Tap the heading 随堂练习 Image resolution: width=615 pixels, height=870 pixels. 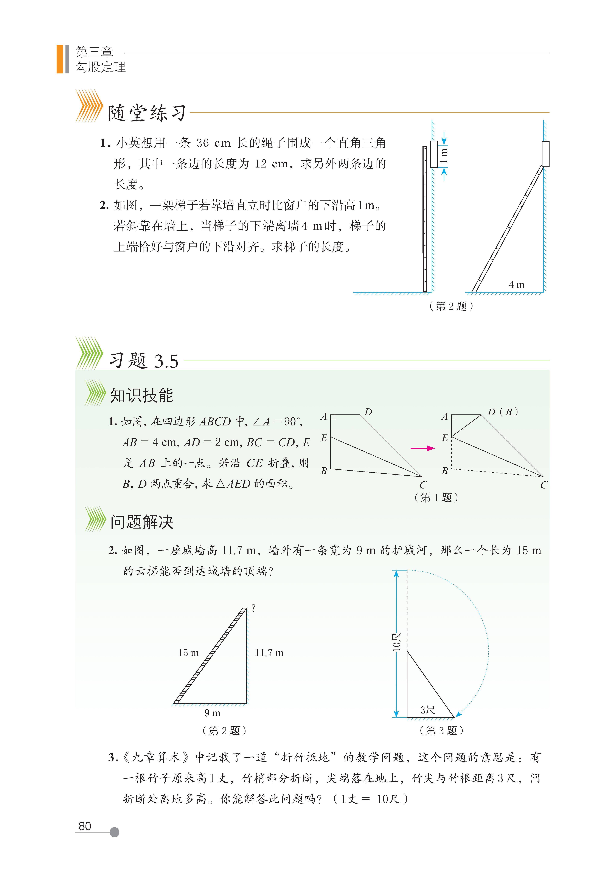click(x=147, y=113)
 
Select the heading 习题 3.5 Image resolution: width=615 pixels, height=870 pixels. click(x=144, y=360)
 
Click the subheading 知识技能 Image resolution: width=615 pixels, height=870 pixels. click(x=141, y=395)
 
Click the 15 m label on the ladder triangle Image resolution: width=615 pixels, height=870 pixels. click(x=188, y=653)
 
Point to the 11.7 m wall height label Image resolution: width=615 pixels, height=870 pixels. click(x=269, y=653)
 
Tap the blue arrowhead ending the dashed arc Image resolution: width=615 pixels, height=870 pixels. click(x=458, y=714)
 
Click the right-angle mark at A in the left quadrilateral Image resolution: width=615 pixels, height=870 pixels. click(x=333, y=417)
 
